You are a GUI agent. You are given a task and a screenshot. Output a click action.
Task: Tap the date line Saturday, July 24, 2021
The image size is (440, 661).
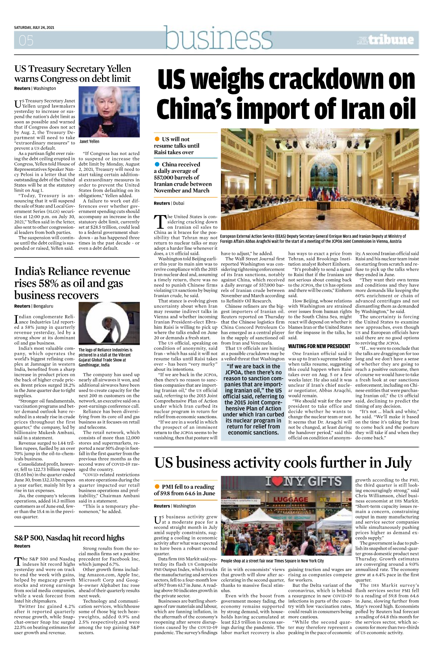coord(34,28)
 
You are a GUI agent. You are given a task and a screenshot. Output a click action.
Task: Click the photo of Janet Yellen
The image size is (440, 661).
coord(109,112)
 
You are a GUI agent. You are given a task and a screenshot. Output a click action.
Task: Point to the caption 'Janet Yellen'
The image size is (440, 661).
coord(89,141)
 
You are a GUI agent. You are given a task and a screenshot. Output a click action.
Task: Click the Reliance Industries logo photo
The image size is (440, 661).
coord(109,324)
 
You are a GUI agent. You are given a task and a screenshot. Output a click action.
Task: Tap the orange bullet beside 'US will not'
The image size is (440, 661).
coord(157,139)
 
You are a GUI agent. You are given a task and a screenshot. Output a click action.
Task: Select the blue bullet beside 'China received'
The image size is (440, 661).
coord(157,164)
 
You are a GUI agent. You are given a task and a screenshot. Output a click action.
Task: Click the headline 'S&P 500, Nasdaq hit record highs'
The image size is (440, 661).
coord(69,538)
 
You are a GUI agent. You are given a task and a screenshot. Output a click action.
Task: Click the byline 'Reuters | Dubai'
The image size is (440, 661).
coord(169,203)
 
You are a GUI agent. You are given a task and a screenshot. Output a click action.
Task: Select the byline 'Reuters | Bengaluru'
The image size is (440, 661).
coord(34,306)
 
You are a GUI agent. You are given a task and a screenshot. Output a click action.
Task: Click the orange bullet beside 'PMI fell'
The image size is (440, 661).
coord(157,487)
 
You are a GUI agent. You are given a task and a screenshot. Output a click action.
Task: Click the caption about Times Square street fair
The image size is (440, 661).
coord(272,561)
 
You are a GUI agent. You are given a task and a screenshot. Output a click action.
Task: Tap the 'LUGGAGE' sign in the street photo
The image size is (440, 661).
coord(290,499)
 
